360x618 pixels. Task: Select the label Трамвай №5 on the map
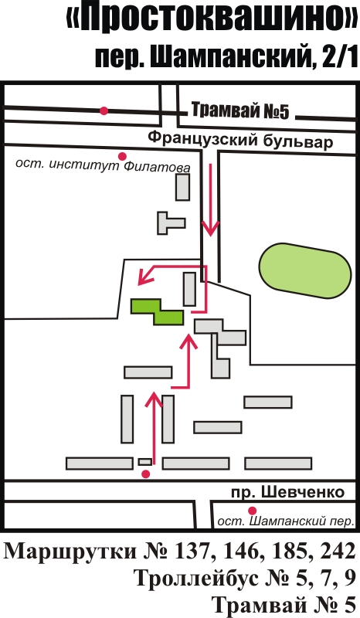click(240, 110)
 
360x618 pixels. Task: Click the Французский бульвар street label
click(240, 140)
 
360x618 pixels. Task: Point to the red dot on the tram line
click(104, 110)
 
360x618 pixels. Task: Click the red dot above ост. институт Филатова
click(123, 156)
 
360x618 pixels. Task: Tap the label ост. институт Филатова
click(103, 165)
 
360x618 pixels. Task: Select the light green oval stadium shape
click(305, 271)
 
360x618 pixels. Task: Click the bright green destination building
click(157, 311)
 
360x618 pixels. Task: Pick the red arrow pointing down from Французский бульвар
click(211, 200)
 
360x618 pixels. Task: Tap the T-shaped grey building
click(171, 223)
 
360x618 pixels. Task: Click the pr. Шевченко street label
click(287, 492)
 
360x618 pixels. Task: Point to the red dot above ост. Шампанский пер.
click(253, 511)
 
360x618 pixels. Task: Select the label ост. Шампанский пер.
click(287, 521)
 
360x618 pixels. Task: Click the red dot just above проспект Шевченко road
click(146, 474)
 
